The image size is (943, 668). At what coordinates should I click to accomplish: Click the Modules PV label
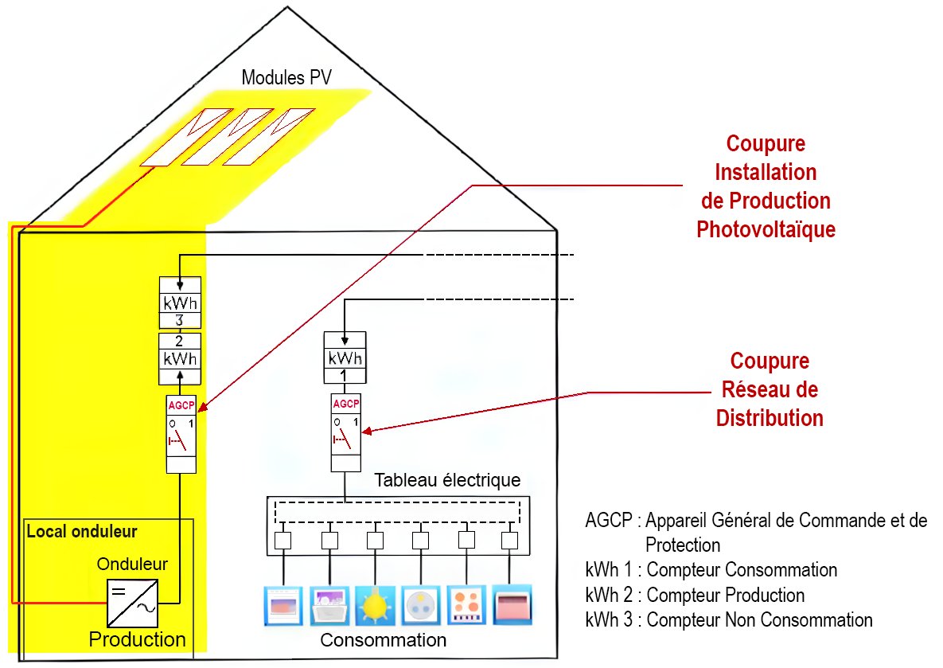[286, 78]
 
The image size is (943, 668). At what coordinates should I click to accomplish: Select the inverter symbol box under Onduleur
[132, 603]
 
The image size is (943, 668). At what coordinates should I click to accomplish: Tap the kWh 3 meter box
[180, 303]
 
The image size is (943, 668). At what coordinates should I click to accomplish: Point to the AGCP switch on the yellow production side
[181, 433]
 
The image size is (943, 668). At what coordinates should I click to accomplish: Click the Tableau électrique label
[447, 481]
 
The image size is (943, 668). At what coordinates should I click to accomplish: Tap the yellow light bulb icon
[374, 605]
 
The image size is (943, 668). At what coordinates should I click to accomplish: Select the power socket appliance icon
[421, 605]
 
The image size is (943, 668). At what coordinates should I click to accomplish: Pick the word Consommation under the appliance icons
[383, 640]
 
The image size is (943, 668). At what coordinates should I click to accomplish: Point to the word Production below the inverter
[137, 639]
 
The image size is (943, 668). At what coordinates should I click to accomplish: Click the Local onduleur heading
[82, 531]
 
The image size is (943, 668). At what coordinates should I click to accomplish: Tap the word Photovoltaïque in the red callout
[766, 230]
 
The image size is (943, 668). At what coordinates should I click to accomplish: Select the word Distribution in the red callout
[770, 418]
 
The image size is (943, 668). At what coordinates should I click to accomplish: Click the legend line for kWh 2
[695, 596]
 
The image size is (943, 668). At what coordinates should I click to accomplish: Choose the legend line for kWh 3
[728, 620]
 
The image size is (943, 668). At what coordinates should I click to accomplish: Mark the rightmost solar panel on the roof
[268, 137]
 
